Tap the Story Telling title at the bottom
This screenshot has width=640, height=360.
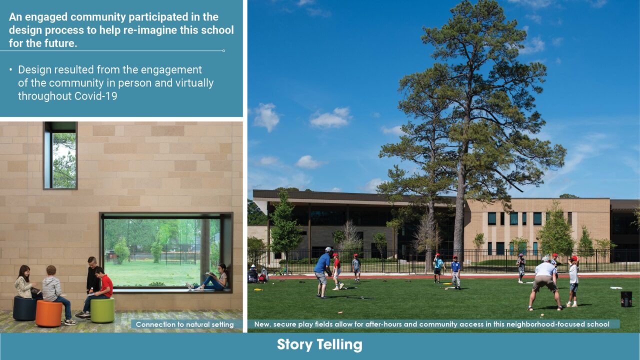point(319,344)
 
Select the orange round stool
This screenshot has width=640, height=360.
point(49,313)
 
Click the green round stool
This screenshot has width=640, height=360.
point(102,310)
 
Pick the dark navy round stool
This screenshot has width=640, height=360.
point(24,308)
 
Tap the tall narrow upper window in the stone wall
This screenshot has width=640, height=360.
point(60,155)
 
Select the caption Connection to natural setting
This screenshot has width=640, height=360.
point(184,324)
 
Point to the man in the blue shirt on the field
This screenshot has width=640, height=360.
point(322,272)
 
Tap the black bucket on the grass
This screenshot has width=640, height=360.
point(626,299)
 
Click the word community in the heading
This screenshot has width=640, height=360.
point(98,17)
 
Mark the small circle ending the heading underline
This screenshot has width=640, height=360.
point(223,51)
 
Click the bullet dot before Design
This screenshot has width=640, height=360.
point(11,69)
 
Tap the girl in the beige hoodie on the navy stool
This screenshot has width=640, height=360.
point(24,282)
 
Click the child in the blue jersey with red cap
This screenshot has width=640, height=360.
point(455,272)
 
